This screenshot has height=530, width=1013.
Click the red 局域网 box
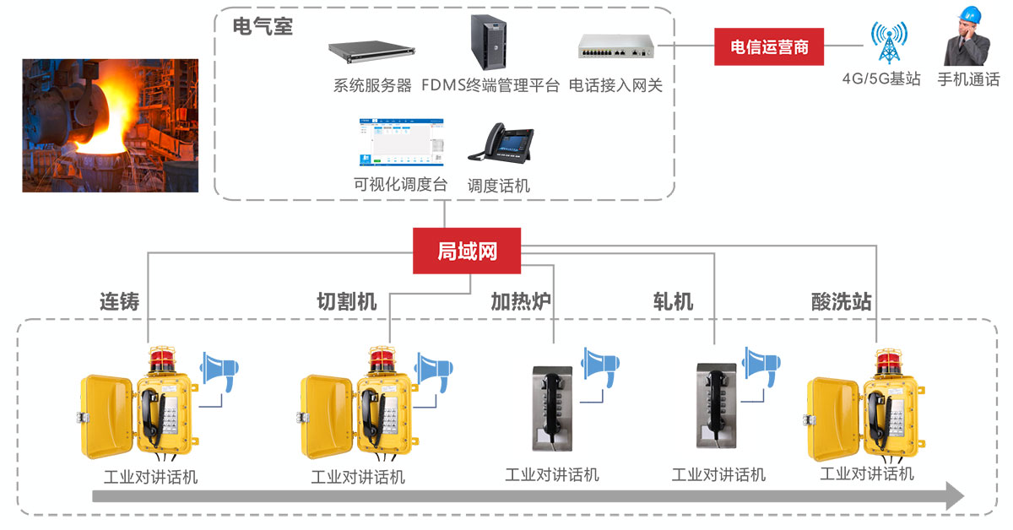click(x=467, y=251)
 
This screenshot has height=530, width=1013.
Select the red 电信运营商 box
click(x=769, y=47)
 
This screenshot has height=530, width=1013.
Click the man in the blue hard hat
click(x=967, y=37)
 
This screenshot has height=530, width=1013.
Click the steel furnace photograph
click(x=110, y=126)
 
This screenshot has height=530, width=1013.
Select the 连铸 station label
click(x=119, y=301)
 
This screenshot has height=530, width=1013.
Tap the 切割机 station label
click(x=346, y=301)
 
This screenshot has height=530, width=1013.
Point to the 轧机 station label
click(x=673, y=301)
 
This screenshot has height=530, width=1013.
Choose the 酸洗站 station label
click(x=841, y=301)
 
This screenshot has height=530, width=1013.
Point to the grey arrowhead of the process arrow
click(x=954, y=495)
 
